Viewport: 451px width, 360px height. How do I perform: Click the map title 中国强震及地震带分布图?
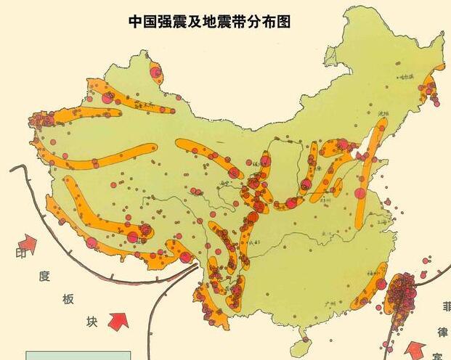click(x=210, y=21)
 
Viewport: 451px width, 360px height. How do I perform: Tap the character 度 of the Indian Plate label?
click(x=45, y=276)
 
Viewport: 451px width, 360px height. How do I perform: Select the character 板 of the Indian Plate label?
click(x=69, y=299)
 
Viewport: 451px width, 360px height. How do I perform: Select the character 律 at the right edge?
click(x=441, y=332)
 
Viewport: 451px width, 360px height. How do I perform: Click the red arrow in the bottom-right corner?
click(x=417, y=349)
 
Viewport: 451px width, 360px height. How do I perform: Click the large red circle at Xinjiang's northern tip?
click(x=154, y=71)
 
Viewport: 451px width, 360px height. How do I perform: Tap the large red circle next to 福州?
click(x=381, y=284)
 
